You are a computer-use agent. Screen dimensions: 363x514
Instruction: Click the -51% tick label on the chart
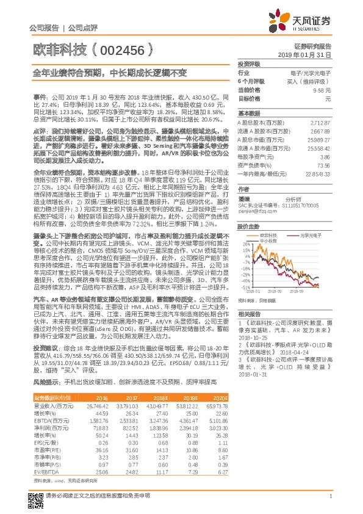click(245, 286)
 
